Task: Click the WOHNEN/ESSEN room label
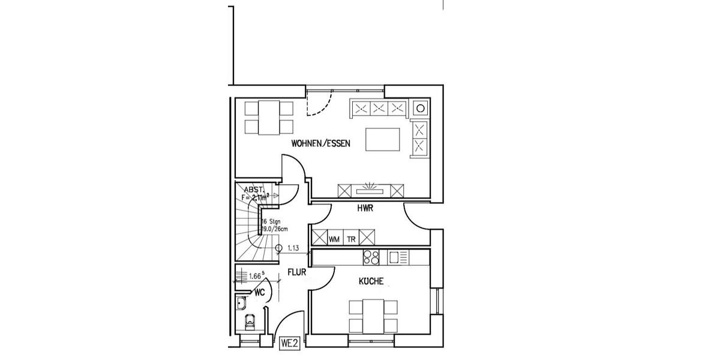(x=320, y=143)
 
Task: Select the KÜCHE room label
(x=371, y=281)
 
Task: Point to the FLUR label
(x=297, y=272)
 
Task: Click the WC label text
(x=260, y=292)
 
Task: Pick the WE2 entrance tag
(x=290, y=344)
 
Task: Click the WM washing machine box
(x=334, y=238)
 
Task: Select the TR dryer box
(x=351, y=238)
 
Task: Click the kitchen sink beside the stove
(x=394, y=257)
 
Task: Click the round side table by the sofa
(x=421, y=109)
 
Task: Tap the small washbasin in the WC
(x=241, y=302)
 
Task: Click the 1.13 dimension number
(x=293, y=247)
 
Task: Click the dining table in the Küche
(x=373, y=316)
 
